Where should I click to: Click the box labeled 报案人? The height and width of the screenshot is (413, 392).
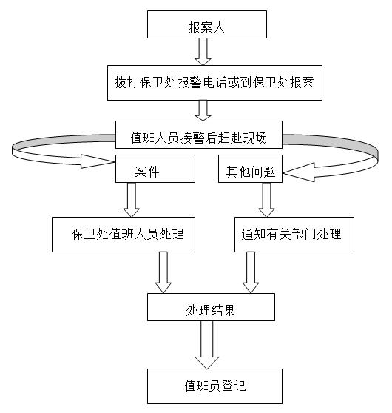[207, 24]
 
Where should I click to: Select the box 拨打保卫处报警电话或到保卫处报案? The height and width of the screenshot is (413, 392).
[214, 83]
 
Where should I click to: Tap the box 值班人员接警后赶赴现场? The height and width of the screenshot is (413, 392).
[199, 135]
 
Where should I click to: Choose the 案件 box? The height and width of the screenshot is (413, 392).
[155, 169]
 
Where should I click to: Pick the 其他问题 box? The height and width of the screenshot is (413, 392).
[250, 169]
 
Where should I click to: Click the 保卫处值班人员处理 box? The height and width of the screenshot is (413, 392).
[124, 235]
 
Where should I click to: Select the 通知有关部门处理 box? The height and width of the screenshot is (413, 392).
[294, 235]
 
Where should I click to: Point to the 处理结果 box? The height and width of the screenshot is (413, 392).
[211, 307]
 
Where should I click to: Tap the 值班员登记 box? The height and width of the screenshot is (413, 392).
[214, 386]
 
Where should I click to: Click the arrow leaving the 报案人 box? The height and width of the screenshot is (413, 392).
[203, 52]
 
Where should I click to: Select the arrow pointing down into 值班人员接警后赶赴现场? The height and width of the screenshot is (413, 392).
[203, 110]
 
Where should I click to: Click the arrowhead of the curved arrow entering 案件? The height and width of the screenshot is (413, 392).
[98, 161]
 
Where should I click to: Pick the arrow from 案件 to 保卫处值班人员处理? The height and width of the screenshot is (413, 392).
[132, 200]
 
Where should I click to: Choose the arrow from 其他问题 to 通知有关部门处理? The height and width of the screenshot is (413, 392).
[266, 200]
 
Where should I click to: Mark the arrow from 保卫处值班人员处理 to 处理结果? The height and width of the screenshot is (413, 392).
[163, 272]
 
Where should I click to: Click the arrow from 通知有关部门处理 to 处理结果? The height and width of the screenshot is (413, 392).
[251, 272]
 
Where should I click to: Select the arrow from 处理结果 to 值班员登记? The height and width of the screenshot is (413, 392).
[206, 345]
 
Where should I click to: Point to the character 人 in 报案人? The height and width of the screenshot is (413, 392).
[219, 27]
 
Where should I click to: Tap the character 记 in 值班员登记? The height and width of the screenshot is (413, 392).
[240, 386]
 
